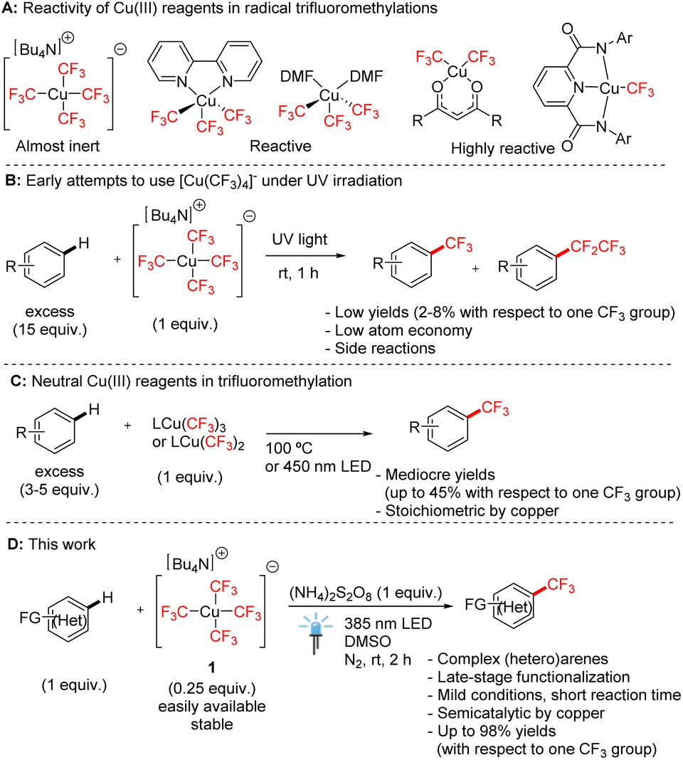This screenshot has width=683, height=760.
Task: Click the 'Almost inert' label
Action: (x=58, y=146)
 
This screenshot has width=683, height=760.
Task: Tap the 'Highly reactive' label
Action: (x=503, y=148)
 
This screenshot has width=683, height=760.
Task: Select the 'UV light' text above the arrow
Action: (x=300, y=239)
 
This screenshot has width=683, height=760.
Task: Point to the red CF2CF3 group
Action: (x=598, y=247)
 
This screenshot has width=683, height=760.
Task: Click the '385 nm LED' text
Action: (x=388, y=623)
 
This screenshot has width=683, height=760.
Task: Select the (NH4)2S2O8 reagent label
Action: (x=366, y=593)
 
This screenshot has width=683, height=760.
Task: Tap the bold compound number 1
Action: (x=211, y=668)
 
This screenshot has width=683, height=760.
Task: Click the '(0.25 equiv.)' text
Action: (x=211, y=688)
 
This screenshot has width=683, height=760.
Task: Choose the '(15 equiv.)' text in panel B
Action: (x=50, y=329)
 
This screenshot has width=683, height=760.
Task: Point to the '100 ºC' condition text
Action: (x=289, y=448)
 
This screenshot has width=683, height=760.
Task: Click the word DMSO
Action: (x=367, y=641)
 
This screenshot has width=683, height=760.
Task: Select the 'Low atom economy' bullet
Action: (x=398, y=331)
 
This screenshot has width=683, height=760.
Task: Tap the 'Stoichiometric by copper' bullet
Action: (x=467, y=511)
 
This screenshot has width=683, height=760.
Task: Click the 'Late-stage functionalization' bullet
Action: (x=529, y=677)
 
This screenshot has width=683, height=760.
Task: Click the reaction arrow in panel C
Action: (x=319, y=434)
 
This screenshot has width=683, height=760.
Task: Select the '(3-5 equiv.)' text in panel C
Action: (x=59, y=490)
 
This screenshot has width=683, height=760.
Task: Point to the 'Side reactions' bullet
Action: (x=381, y=349)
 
